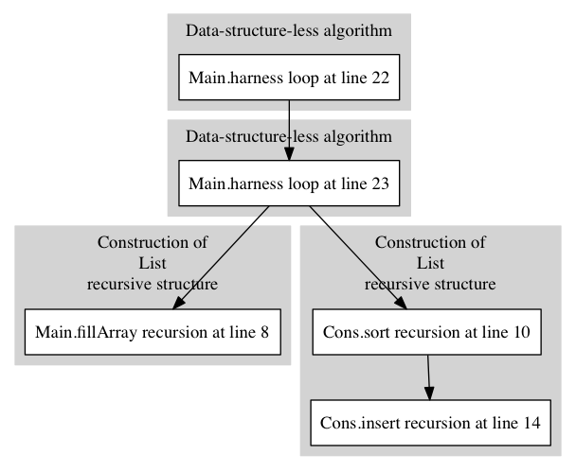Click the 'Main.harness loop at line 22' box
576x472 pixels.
[289, 77]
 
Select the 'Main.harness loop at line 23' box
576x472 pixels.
[289, 183]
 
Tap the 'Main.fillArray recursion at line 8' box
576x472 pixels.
[153, 332]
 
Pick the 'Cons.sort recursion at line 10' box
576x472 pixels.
[427, 332]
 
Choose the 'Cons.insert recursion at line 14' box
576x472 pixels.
[430, 423]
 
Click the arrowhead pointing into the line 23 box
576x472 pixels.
[289, 153]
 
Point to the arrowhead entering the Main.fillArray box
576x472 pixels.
[178, 303]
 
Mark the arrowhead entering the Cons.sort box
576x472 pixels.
[401, 303]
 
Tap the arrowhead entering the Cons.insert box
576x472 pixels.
[429, 393]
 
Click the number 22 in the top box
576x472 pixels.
[380, 78]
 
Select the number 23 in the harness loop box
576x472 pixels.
[380, 184]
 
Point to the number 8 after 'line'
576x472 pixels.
[265, 332]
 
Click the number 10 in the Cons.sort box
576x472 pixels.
[521, 332]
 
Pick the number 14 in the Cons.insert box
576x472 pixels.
[531, 423]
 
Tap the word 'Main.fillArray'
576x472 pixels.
[86, 332]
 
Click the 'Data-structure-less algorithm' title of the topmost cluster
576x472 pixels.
[289, 30]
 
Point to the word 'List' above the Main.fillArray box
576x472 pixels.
[153, 263]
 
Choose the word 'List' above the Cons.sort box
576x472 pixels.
[430, 263]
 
